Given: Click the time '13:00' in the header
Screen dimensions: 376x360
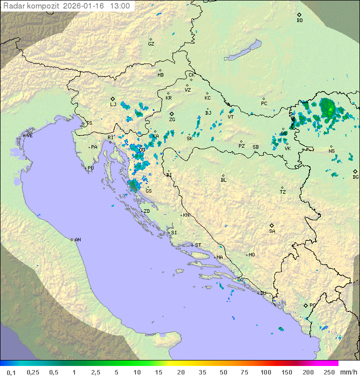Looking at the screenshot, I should (119, 7).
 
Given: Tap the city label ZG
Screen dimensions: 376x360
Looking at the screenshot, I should (172, 120).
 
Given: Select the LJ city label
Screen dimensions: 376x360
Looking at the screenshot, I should (113, 104).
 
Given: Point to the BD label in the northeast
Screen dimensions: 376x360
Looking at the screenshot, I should (299, 20).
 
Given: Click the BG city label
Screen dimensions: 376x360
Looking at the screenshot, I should (355, 177).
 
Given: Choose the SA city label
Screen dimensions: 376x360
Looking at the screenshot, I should (272, 231).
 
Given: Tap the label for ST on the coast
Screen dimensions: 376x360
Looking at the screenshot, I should (198, 245).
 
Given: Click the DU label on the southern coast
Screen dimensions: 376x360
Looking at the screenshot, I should (262, 293).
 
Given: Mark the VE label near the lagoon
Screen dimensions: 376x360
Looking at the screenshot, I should (29, 136).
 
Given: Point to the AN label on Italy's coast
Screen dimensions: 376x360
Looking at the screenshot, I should (77, 240).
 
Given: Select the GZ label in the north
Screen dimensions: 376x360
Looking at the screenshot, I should (151, 44).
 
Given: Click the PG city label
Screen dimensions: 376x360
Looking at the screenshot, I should (312, 305).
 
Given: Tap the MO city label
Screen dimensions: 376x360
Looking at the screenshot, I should (251, 254).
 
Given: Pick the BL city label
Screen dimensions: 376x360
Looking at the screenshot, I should (223, 180).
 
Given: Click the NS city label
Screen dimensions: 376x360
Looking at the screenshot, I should (331, 151).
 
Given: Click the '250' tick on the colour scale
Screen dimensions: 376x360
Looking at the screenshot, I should (328, 371).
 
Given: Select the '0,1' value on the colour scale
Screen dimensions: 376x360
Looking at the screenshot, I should (11, 371).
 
